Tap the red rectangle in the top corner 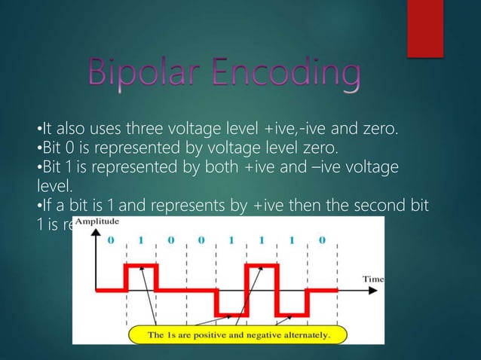tap(424, 27)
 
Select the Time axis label tap(374, 278)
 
